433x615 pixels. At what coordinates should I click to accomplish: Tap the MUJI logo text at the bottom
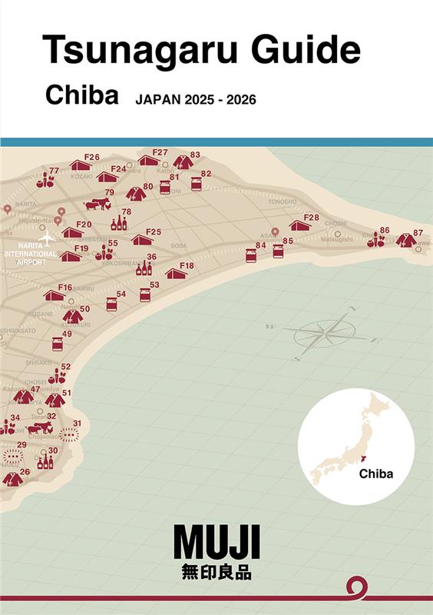pyautogui.click(x=216, y=542)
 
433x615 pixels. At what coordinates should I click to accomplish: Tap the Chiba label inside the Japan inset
pyautogui.click(x=375, y=474)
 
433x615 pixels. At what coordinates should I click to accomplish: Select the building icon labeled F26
pyautogui.click(x=81, y=165)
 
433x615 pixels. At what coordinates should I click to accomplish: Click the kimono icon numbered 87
pyautogui.click(x=406, y=241)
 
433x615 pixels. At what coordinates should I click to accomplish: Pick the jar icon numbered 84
pyautogui.click(x=251, y=255)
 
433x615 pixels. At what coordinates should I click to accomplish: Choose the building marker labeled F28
pyautogui.click(x=300, y=225)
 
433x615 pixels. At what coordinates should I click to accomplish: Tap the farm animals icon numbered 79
pyautogui.click(x=98, y=204)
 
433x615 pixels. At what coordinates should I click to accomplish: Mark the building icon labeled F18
pyautogui.click(x=176, y=274)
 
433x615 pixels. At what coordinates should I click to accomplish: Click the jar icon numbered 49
pyautogui.click(x=58, y=344)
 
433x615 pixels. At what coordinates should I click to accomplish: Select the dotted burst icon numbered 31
pyautogui.click(x=69, y=434)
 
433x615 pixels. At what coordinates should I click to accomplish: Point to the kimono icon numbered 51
pyautogui.click(x=55, y=401)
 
